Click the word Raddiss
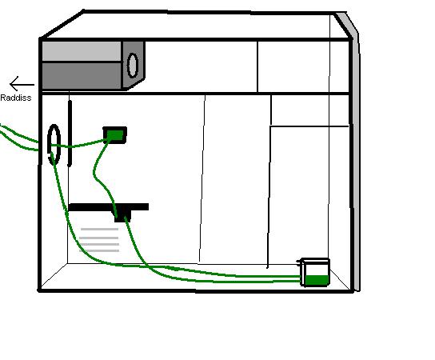(x=16, y=98)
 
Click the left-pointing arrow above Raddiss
(x=22, y=84)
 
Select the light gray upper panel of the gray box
(x=82, y=51)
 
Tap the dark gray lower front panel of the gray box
(x=82, y=76)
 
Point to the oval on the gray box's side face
(x=133, y=66)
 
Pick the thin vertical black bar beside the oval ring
(x=70, y=134)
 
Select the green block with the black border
(x=115, y=135)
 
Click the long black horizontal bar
(x=108, y=206)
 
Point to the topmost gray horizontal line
(x=99, y=230)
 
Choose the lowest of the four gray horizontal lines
(x=99, y=250)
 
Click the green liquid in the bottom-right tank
(x=317, y=280)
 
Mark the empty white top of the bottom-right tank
(x=317, y=268)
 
